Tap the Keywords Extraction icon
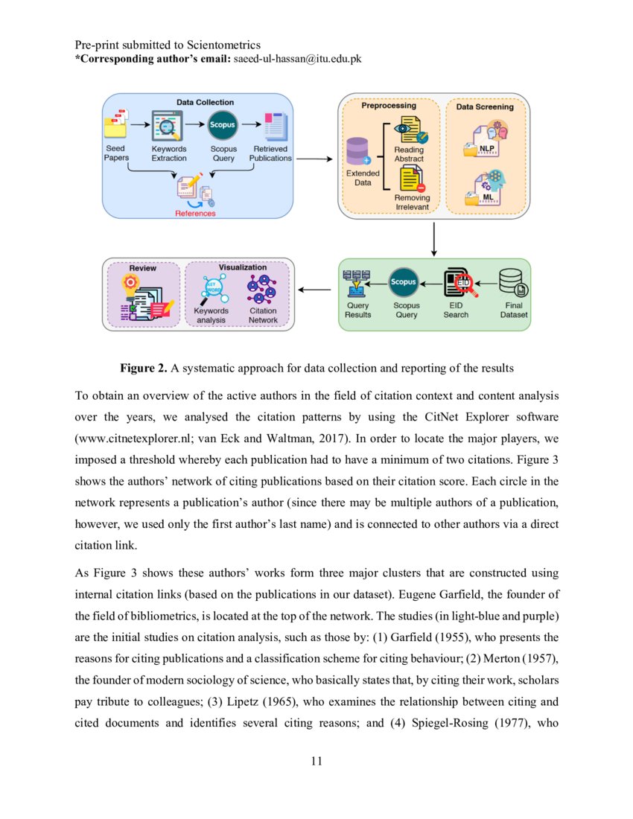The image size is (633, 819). (x=168, y=125)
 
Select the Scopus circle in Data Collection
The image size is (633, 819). (x=223, y=125)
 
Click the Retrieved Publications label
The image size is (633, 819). (x=270, y=153)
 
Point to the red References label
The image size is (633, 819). (x=195, y=213)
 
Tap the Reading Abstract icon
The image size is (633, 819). (x=410, y=130)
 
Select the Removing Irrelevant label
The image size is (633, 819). (x=412, y=202)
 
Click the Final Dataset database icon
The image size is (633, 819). (x=512, y=282)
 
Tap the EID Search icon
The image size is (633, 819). (x=455, y=283)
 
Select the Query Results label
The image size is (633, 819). (x=358, y=310)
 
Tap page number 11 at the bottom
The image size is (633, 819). (x=316, y=761)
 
